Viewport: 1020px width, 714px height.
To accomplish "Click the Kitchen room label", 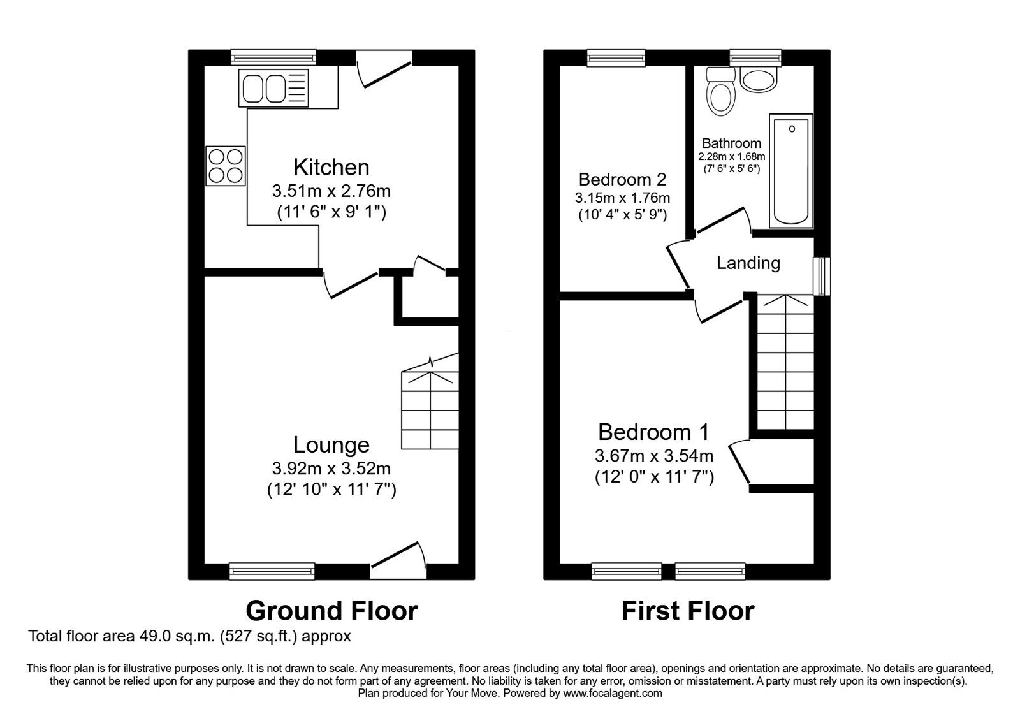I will click(331, 167).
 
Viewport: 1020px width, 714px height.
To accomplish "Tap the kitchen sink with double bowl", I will click(273, 88).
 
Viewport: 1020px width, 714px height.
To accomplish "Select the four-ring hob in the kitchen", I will click(226, 166).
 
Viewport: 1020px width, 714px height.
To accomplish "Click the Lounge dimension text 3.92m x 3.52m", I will click(331, 469).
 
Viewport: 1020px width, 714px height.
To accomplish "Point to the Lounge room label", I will click(331, 445).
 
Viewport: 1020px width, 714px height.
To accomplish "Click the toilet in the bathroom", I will click(721, 96).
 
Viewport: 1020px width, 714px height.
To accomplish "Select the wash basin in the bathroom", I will click(759, 80).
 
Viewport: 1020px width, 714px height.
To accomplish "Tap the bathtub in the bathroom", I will click(791, 171).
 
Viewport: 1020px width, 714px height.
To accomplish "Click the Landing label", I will click(748, 263).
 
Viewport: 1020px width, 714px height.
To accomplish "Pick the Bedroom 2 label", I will click(622, 178).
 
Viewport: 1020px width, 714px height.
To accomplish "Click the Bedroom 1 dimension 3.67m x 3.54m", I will click(653, 456).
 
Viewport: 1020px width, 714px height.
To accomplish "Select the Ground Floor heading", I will click(331, 611).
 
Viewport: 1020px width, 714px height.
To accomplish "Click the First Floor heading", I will click(688, 611).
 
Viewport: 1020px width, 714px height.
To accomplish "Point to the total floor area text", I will click(189, 636).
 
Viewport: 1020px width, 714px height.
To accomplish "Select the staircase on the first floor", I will click(785, 363).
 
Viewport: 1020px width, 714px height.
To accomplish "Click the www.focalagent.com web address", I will click(612, 693).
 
